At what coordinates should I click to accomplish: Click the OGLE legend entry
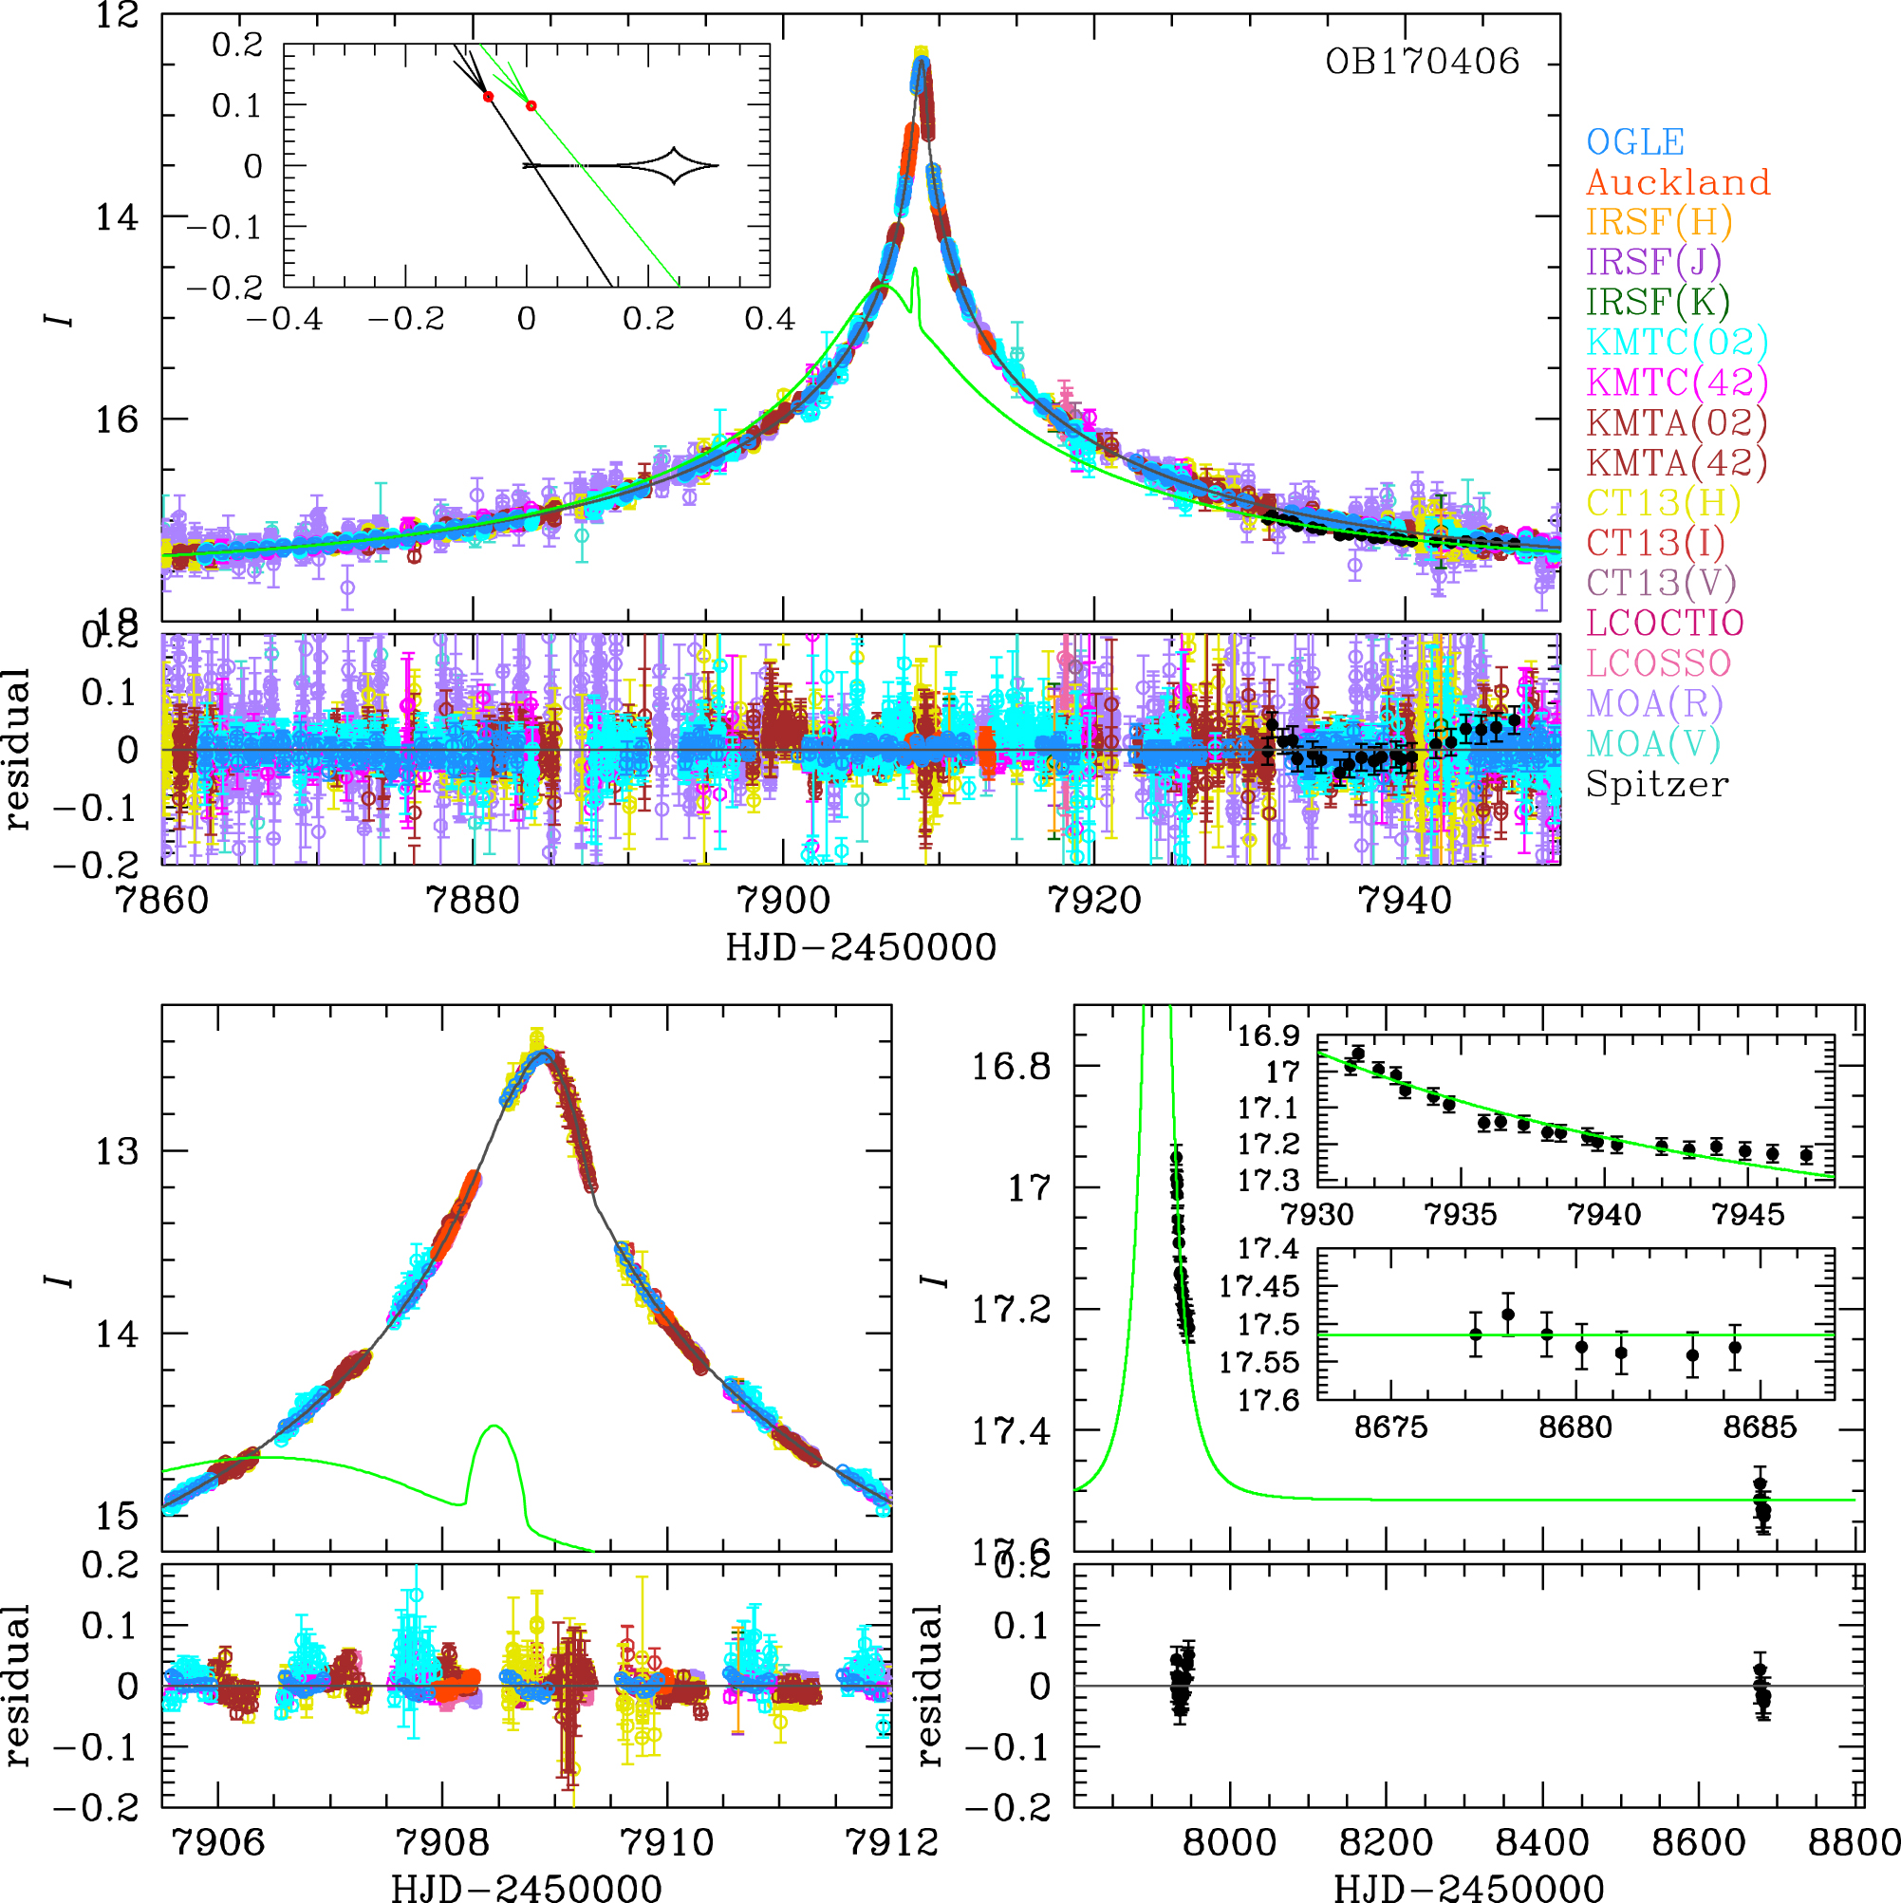click(x=1635, y=141)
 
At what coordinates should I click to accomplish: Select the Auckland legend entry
click(x=1677, y=182)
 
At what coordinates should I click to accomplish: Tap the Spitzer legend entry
click(x=1657, y=784)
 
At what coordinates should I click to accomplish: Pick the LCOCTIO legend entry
click(x=1665, y=623)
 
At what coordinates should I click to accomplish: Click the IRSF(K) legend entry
click(x=1658, y=302)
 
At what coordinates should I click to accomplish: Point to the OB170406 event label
click(x=1422, y=62)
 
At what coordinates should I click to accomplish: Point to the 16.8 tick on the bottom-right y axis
click(x=1012, y=1066)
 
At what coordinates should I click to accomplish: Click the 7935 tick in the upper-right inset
click(x=1461, y=1214)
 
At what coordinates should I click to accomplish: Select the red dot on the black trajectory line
click(x=489, y=97)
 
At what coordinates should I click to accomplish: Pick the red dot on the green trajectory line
click(x=531, y=105)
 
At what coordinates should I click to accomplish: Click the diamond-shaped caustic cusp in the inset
click(x=674, y=165)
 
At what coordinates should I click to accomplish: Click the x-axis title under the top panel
click(x=861, y=947)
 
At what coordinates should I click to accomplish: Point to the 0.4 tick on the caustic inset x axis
click(x=770, y=318)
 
